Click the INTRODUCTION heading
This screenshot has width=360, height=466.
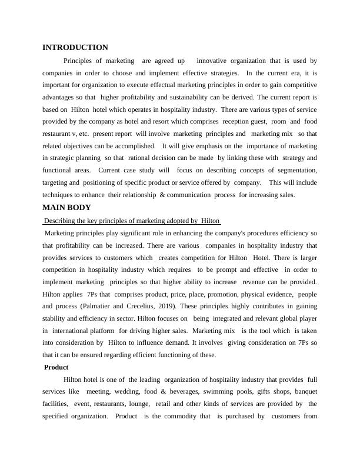click(75, 48)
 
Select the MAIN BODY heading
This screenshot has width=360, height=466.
click(66, 207)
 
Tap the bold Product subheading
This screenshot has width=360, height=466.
click(56, 367)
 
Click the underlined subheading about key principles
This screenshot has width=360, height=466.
click(132, 221)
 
